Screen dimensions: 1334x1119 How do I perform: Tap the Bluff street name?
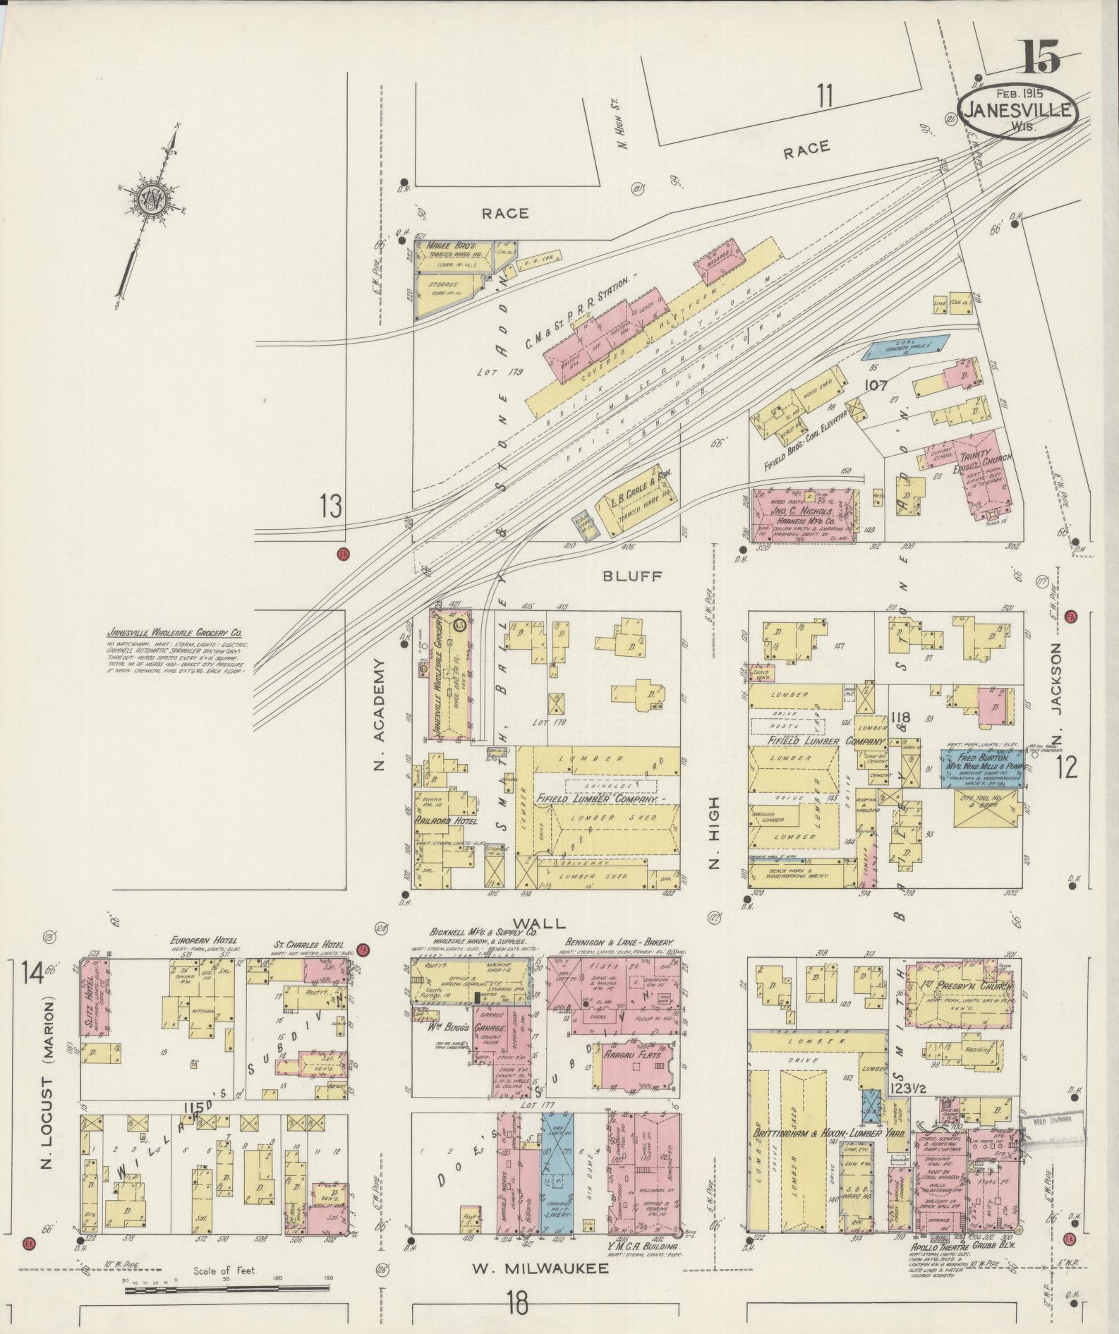(631, 576)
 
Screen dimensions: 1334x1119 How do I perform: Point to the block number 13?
(331, 506)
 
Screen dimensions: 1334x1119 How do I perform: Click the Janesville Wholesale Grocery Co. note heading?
(175, 633)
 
